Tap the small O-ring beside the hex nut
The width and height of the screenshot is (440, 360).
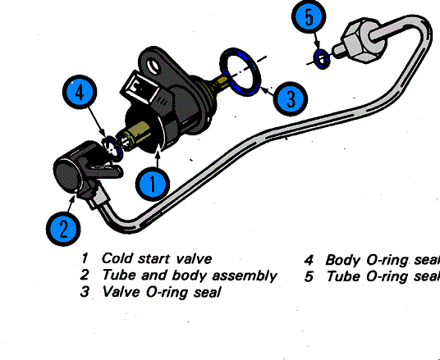tap(323, 57)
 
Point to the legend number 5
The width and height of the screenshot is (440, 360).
tap(309, 276)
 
